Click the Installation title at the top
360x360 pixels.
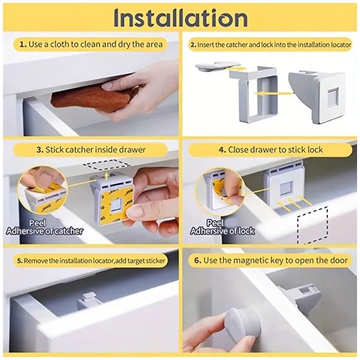[x=181, y=18]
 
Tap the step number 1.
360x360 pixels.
[x=23, y=44]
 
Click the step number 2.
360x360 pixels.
[x=193, y=45]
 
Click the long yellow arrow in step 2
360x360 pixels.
[x=273, y=93]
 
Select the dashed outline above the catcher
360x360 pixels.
[x=106, y=165]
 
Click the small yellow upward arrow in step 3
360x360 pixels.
[x=106, y=176]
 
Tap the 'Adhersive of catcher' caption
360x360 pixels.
[x=44, y=231]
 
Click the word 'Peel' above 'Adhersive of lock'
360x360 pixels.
[x=215, y=222]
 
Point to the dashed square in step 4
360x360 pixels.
[x=312, y=225]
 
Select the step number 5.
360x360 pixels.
[x=19, y=261]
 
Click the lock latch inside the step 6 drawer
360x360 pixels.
[x=301, y=296]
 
